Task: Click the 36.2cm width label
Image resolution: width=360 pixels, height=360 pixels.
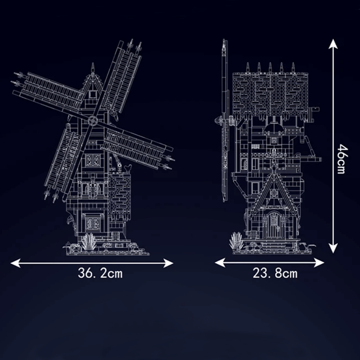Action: point(100,273)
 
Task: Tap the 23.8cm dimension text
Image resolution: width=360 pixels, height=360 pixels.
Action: point(275,273)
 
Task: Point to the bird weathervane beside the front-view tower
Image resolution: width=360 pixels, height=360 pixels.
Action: point(129,167)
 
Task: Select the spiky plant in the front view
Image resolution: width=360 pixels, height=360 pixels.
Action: point(89,241)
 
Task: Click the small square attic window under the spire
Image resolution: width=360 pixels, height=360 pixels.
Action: point(93,94)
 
